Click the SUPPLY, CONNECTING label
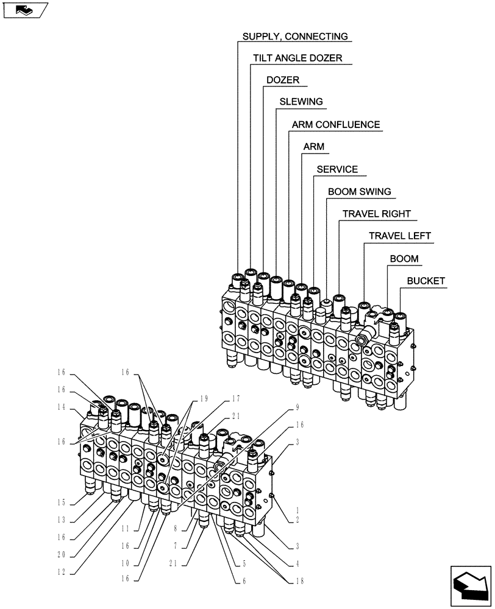tap(295, 37)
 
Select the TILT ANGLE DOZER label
tap(297, 58)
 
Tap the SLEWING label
tap(301, 102)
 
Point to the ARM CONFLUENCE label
tap(335, 125)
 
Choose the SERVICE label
tap(337, 169)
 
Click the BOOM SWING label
tap(359, 192)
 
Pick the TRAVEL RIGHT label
tap(376, 214)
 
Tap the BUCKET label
tap(426, 281)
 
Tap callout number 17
tap(236, 399)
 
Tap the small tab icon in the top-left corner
tap(25, 10)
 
